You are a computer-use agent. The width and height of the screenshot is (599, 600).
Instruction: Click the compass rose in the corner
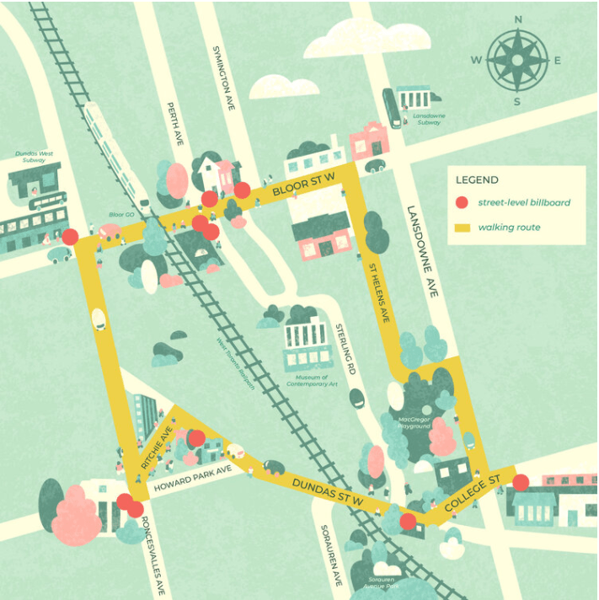pyautogui.click(x=517, y=60)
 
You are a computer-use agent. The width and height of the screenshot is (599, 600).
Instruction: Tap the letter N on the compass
pyautogui.click(x=518, y=19)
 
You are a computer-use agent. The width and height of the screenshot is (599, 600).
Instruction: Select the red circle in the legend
pyautogui.click(x=461, y=202)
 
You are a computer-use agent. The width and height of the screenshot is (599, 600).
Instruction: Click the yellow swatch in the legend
pyautogui.click(x=461, y=228)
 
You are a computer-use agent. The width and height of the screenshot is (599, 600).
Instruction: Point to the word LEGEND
pyautogui.click(x=477, y=179)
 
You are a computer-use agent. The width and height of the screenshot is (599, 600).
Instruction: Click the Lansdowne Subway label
pyautogui.click(x=430, y=119)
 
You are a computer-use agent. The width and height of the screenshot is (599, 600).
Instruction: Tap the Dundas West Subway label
pyautogui.click(x=34, y=157)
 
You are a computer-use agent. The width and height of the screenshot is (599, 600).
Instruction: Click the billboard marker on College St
pyautogui.click(x=521, y=482)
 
